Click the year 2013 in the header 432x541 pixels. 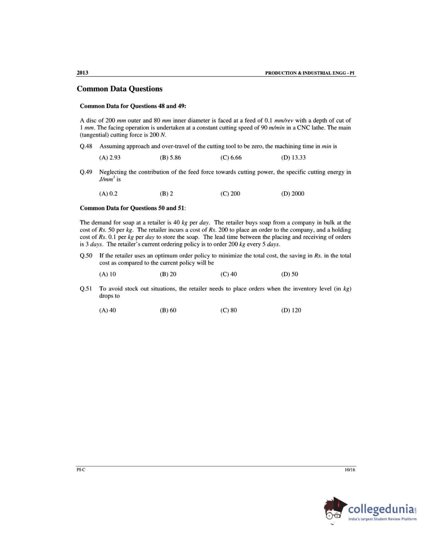click(82, 72)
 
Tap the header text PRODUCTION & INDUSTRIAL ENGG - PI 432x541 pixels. click(310, 73)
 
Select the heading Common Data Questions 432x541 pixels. click(119, 89)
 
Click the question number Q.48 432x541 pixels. click(86, 146)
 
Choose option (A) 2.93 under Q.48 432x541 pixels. click(110, 158)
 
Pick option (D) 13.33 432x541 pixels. click(293, 158)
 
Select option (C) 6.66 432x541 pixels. click(231, 158)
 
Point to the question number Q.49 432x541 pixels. click(86, 172)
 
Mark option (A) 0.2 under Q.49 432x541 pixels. click(108, 194)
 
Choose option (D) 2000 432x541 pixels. click(292, 194)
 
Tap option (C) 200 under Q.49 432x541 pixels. click(230, 194)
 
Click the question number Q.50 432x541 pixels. click(86, 256)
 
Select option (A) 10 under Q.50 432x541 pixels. click(107, 274)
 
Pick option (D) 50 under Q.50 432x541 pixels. click(290, 274)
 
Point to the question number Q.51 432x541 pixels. click(86, 289)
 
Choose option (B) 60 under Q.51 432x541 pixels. click(168, 311)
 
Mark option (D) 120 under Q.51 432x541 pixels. click(291, 311)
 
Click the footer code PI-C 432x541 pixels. click(80, 470)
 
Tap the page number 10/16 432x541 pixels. click(350, 470)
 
